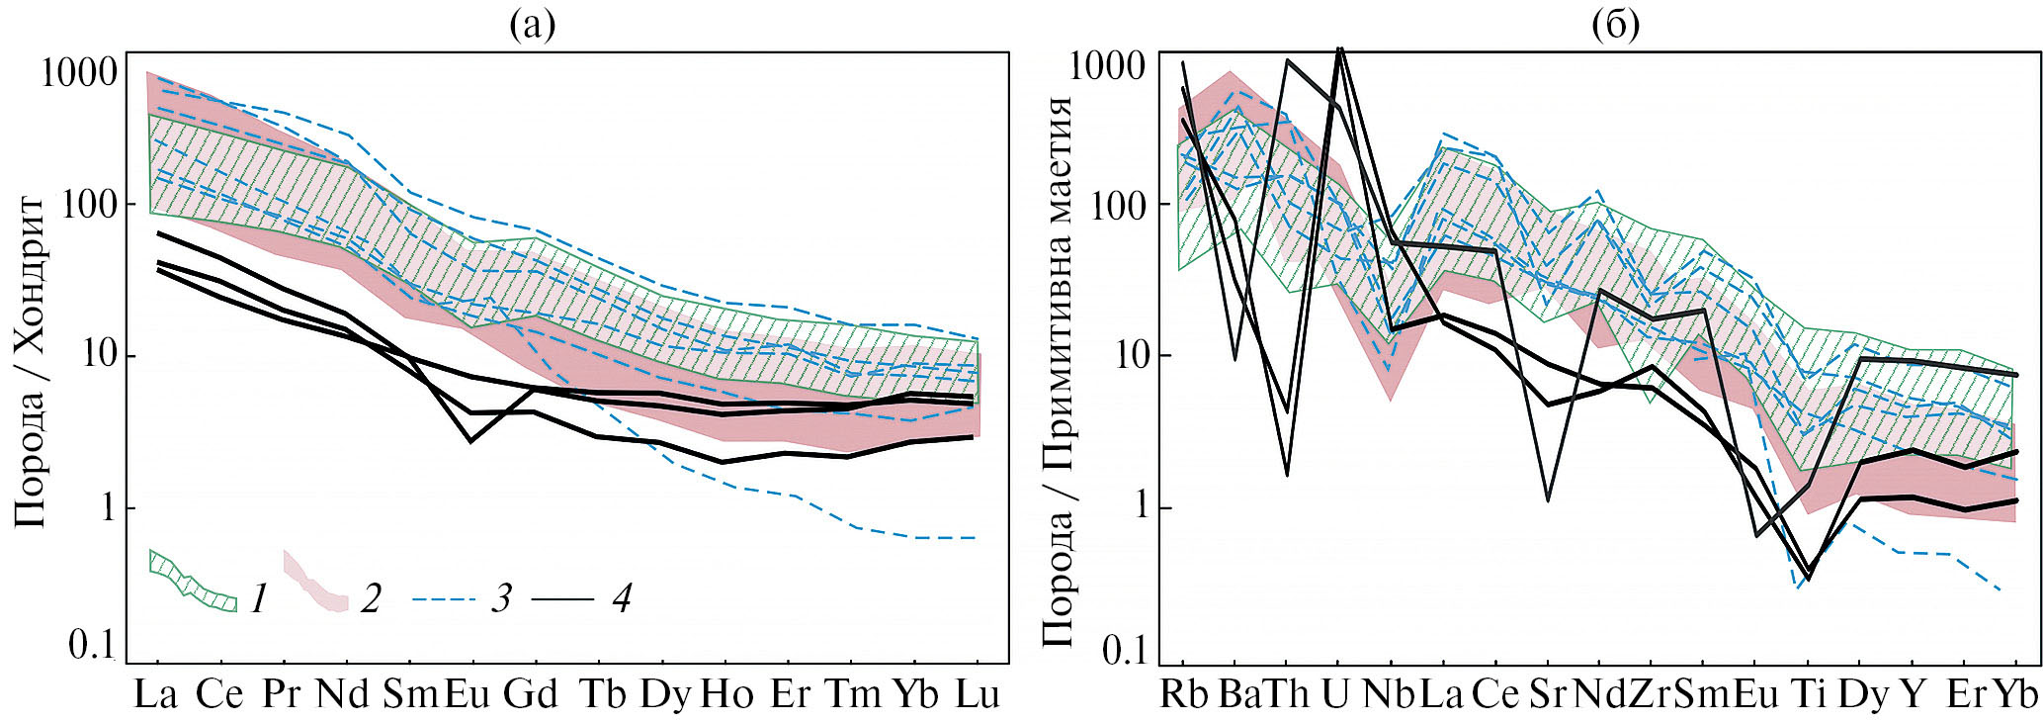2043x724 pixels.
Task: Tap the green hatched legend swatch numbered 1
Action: [192, 581]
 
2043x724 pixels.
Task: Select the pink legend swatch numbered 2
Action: [315, 583]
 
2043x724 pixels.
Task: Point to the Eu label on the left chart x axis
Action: [468, 694]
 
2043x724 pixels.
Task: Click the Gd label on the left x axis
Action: [531, 694]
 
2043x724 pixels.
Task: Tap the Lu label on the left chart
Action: [978, 694]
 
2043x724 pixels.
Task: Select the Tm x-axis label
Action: [853, 694]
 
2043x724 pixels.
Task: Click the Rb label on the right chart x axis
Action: [1183, 694]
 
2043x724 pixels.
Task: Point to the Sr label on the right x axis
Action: [1546, 694]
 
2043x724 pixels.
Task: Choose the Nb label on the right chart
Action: [1388, 694]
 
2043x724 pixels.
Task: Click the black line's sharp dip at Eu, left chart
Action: [470, 441]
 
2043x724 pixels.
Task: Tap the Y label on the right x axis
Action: [1914, 694]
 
